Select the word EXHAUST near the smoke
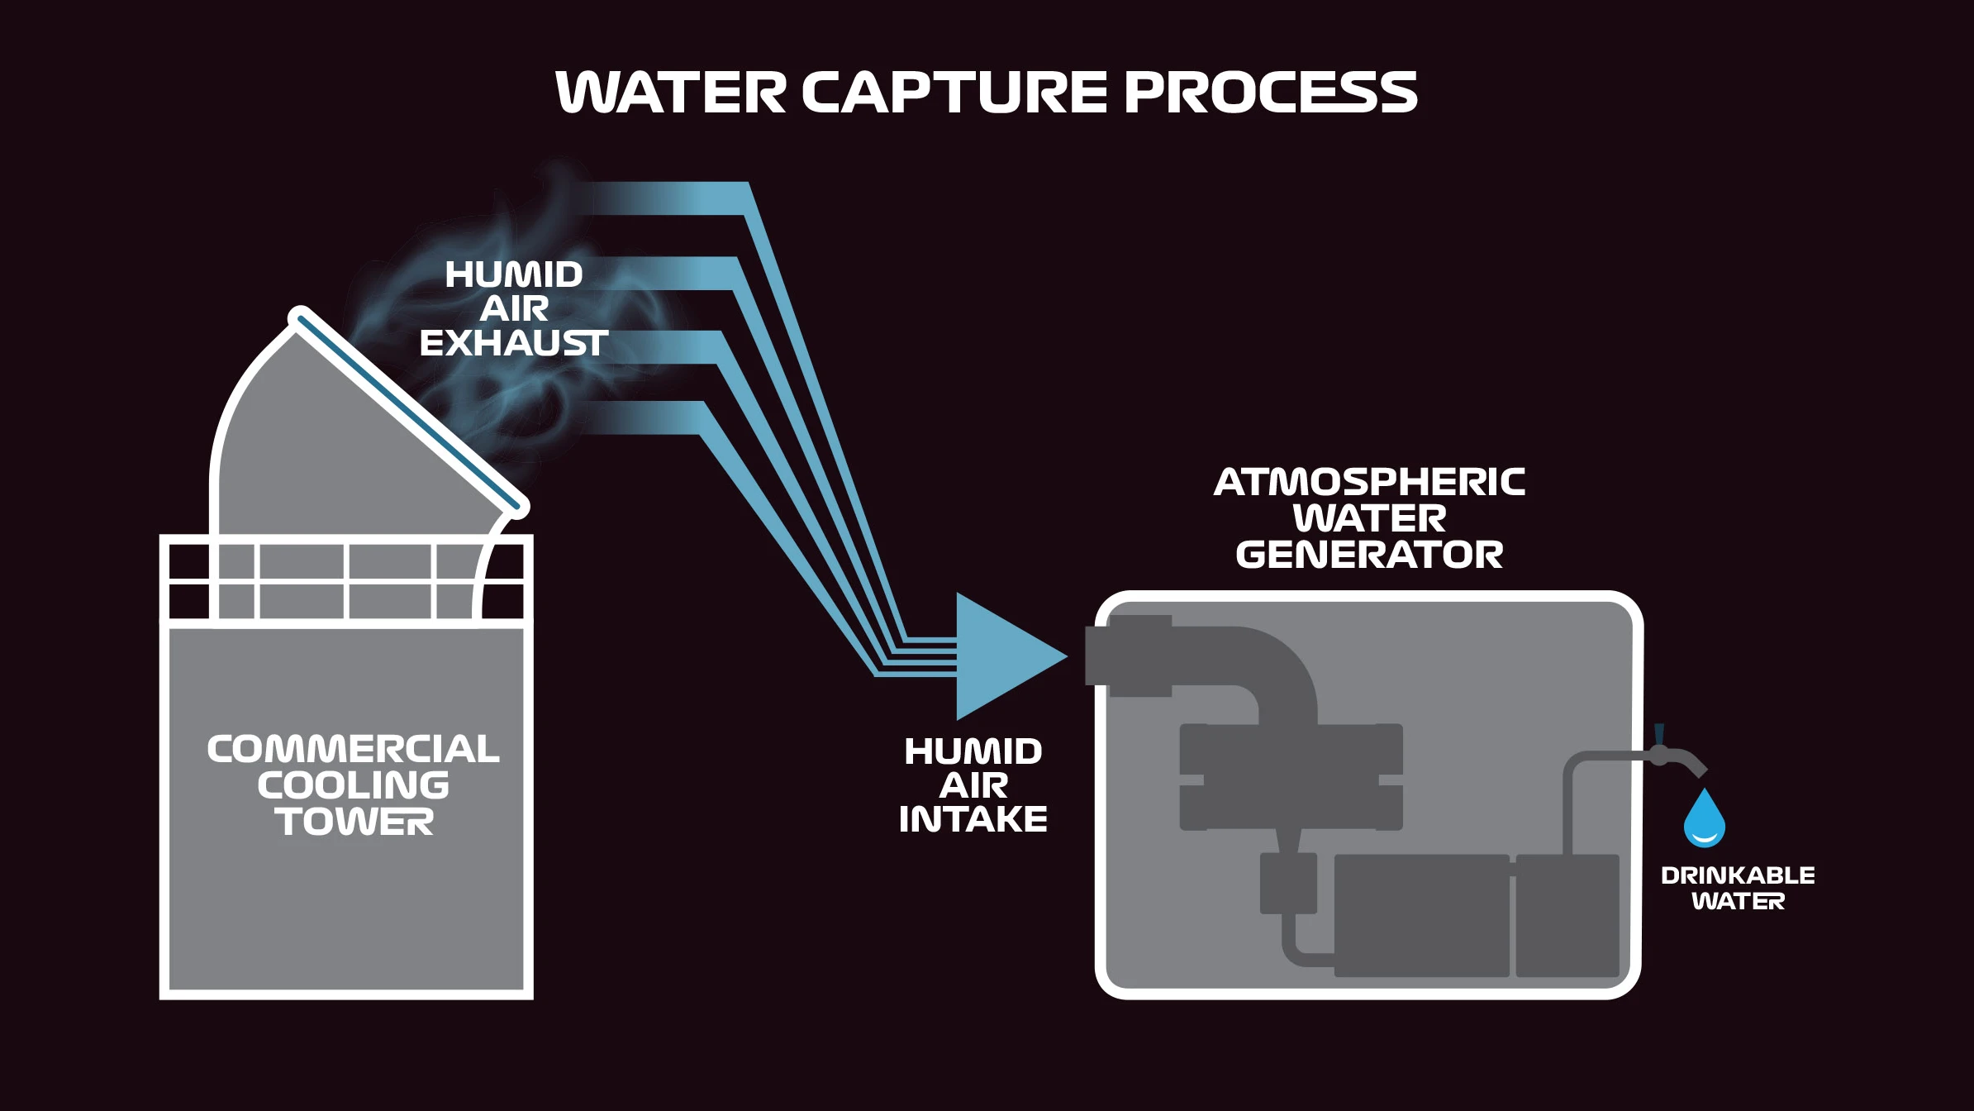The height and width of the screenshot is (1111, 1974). point(513,343)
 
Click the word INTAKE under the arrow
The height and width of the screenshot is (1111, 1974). point(973,819)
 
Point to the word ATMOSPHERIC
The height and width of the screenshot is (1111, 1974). point(1369,482)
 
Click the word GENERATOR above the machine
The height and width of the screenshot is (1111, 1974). point(1369,555)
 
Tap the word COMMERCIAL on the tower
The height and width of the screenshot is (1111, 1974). point(353,749)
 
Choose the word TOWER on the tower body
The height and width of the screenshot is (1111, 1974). point(354,822)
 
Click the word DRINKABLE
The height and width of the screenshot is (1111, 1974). point(1737,875)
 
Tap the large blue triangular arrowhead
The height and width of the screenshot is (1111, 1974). point(1004,656)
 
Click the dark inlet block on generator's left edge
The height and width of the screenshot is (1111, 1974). point(1128,656)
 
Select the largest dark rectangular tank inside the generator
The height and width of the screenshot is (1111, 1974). point(1421,915)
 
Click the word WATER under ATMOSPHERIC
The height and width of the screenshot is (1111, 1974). point(1369,518)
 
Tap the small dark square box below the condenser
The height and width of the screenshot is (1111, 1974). point(1287,884)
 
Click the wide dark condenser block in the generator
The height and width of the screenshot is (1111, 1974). point(1291,777)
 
